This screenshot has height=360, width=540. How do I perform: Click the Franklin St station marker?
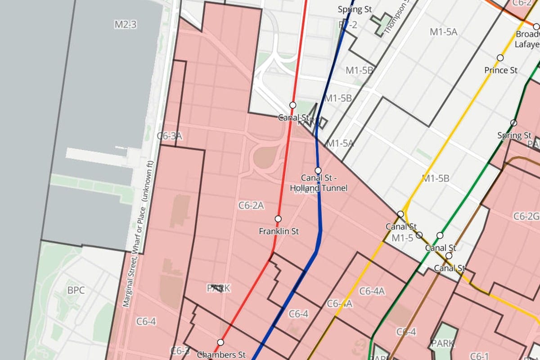(x=278, y=219)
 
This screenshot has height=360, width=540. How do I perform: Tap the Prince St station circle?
(x=500, y=58)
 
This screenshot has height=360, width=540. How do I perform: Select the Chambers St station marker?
(x=220, y=342)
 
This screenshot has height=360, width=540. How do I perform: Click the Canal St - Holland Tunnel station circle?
(x=318, y=171)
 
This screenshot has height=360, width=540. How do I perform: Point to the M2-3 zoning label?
(x=125, y=25)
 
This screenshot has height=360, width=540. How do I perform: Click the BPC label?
(x=76, y=290)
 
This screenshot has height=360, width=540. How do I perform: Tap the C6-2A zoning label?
(x=251, y=206)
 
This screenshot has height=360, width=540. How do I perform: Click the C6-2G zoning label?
(x=526, y=216)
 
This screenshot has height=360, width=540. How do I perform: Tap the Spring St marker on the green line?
(x=513, y=123)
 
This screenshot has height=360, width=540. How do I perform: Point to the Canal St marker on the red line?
(x=293, y=105)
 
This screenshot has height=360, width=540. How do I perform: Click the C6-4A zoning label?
(x=372, y=291)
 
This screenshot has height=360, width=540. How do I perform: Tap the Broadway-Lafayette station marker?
(x=536, y=27)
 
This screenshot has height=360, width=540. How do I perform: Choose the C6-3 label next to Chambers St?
(x=180, y=351)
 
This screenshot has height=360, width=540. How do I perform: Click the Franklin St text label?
(x=279, y=231)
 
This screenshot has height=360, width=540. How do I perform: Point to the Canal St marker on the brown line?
(x=449, y=256)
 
